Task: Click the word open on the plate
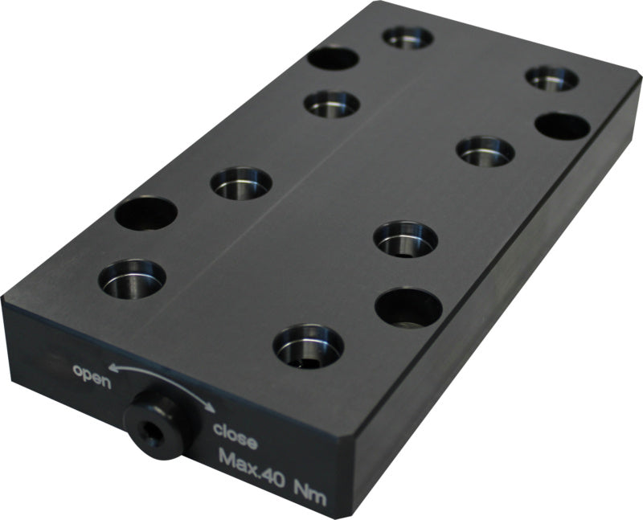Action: pos(92,376)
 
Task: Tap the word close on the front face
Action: pos(235,436)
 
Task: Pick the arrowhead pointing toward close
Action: pos(210,407)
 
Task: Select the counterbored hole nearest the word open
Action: pos(132,279)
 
